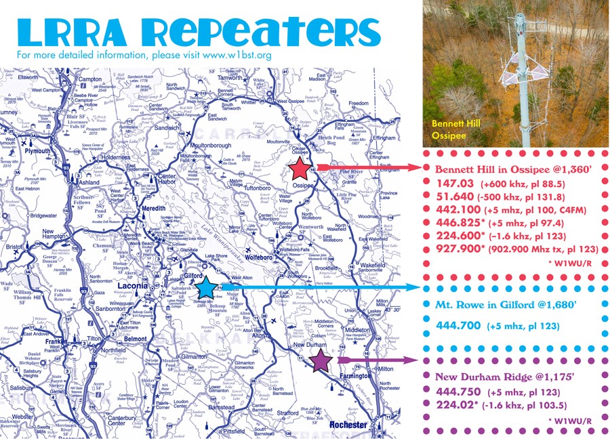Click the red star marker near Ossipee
pos(299,169)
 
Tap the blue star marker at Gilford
pos(207,288)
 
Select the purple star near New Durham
pos(321,361)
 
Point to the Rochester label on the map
pos(349,425)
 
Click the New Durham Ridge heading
pos(499,375)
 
